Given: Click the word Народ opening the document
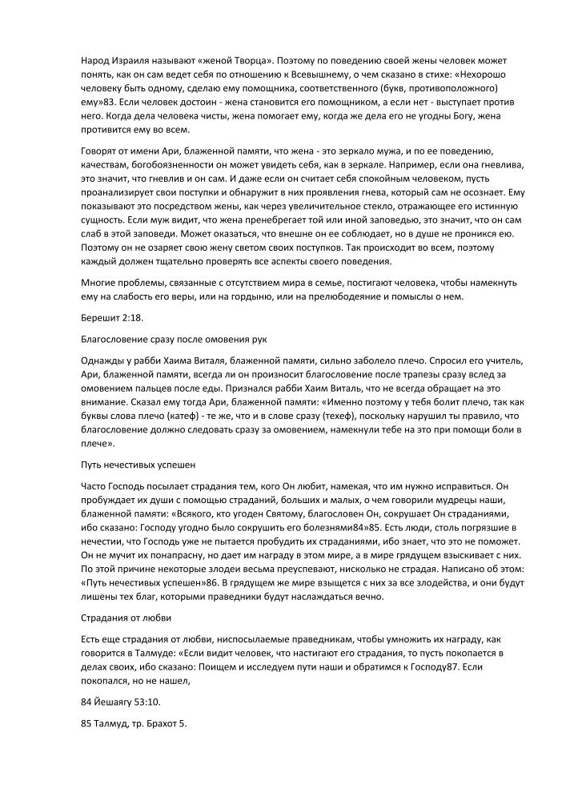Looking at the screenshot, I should click(96, 61).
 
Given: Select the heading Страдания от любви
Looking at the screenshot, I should click(126, 617).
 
